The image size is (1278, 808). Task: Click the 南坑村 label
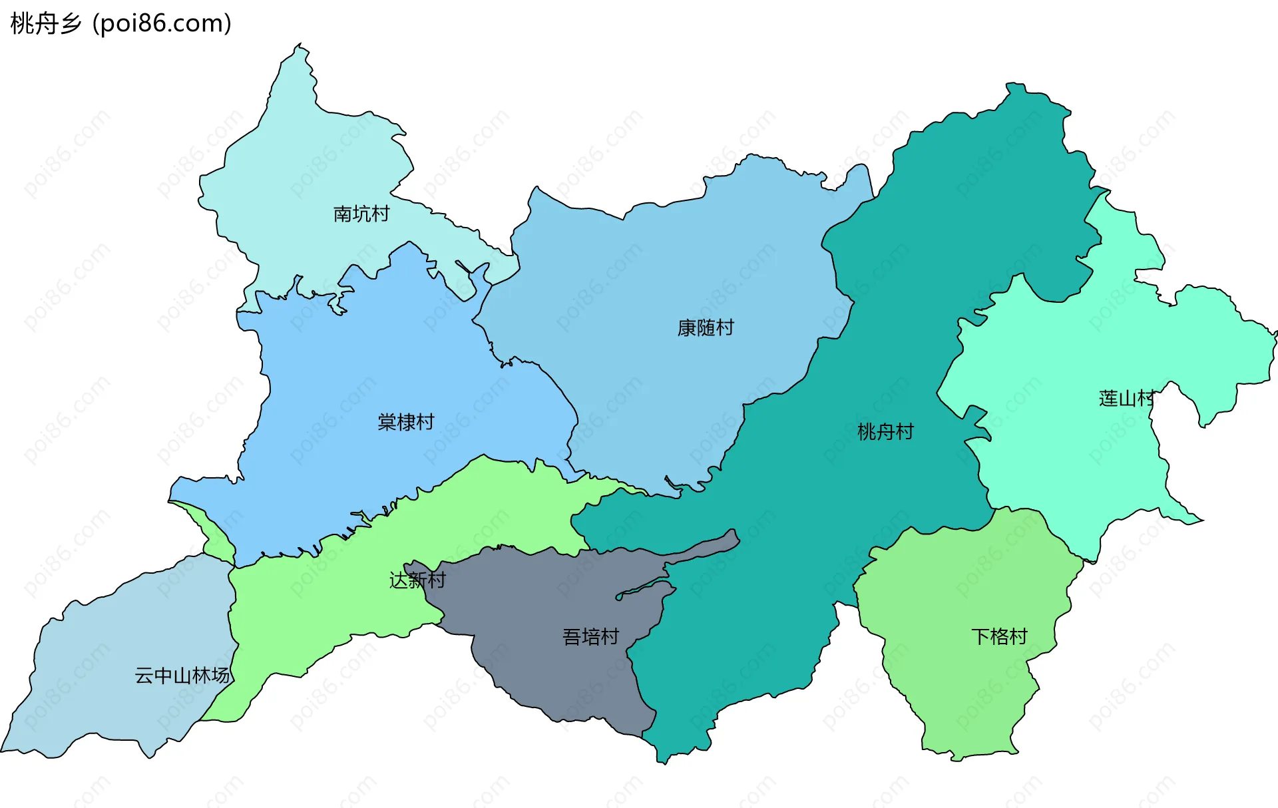[x=361, y=214]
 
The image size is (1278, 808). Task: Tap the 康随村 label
[x=706, y=327]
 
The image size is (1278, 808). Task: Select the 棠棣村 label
[x=405, y=422]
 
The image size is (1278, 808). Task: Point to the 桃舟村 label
[x=885, y=432]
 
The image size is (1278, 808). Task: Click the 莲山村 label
[x=1127, y=399]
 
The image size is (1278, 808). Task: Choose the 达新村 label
[x=417, y=580]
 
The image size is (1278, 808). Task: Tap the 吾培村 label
[x=590, y=637]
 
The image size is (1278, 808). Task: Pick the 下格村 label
[x=999, y=636]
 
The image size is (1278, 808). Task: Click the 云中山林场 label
[x=182, y=676]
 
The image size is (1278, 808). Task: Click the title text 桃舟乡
[x=46, y=23]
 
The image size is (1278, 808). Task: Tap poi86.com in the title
[x=162, y=23]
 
